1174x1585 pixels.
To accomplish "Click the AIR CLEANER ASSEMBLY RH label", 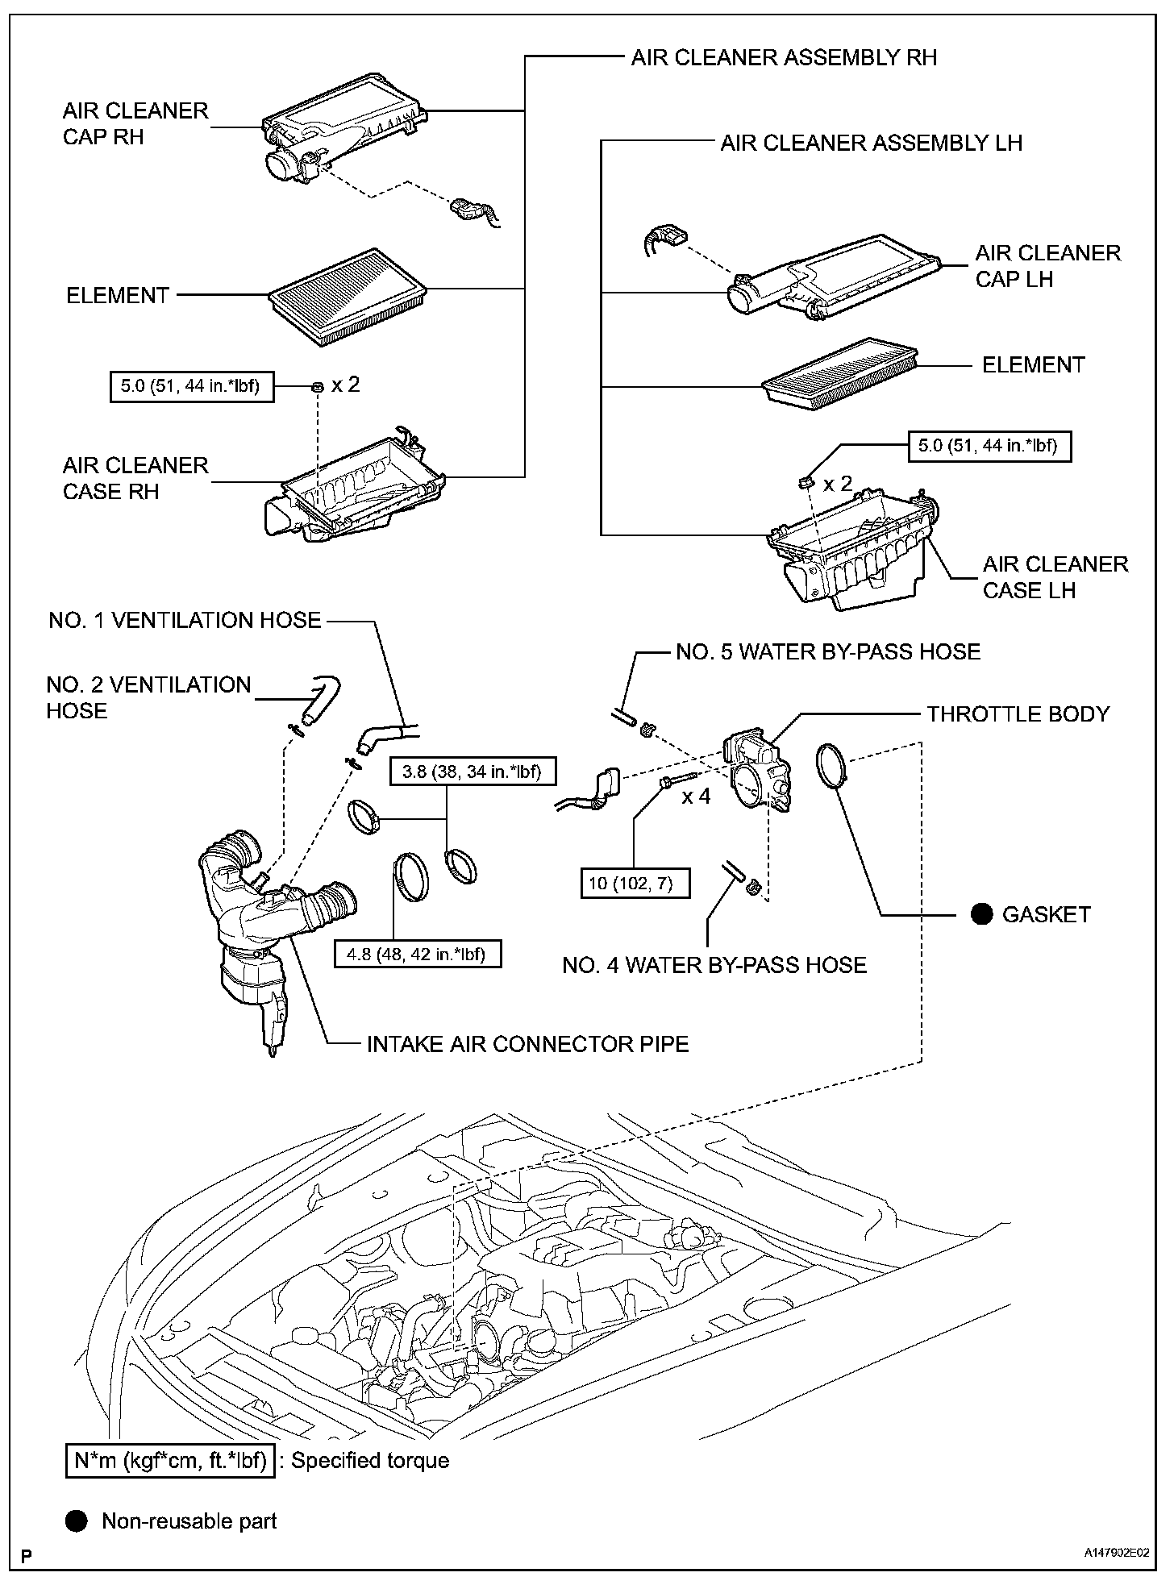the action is point(784,57).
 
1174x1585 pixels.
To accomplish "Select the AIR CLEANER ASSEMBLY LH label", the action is point(871,143).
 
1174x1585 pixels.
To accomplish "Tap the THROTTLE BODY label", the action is point(1018,713).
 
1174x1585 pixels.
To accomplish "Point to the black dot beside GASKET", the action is point(981,914).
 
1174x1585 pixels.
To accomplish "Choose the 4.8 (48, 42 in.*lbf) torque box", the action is point(417,954).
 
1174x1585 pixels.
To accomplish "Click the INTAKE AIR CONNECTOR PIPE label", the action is point(528,1044).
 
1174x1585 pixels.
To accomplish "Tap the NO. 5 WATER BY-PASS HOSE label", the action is point(828,651).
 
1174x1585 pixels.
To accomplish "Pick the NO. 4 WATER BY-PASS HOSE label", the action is point(714,965).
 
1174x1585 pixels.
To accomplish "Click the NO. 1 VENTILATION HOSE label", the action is point(185,620).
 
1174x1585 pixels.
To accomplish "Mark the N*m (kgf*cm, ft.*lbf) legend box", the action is point(170,1460).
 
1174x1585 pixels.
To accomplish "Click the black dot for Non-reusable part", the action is point(76,1521).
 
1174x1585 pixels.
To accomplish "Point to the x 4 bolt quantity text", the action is point(697,797).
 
